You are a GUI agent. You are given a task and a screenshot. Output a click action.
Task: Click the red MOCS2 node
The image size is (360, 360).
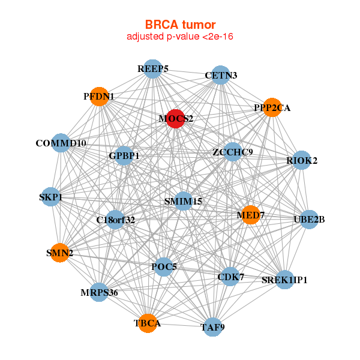click(176, 119)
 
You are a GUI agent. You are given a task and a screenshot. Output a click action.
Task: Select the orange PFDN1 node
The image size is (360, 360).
click(99, 96)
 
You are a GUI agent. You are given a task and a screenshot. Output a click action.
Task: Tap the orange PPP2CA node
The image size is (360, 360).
click(272, 108)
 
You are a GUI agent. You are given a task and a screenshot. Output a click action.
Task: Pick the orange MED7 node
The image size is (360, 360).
click(251, 214)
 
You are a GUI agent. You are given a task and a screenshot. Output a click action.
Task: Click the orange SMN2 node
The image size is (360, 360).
click(59, 253)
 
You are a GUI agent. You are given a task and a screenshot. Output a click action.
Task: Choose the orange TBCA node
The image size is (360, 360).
click(147, 323)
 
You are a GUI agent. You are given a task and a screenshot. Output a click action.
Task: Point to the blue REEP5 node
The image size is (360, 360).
click(153, 69)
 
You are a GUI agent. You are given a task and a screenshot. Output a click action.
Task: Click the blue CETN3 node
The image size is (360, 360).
click(221, 75)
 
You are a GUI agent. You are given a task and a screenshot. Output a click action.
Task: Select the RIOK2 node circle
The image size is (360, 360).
click(302, 160)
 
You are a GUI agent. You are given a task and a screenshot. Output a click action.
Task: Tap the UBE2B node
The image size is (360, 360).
click(309, 219)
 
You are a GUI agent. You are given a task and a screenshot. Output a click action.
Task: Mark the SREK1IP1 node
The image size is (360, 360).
click(284, 280)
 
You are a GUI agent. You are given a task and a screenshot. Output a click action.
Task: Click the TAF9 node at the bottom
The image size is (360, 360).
click(212, 327)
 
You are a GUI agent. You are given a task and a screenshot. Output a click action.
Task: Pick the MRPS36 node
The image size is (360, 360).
click(99, 292)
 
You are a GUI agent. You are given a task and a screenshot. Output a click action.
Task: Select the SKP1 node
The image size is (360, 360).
click(51, 197)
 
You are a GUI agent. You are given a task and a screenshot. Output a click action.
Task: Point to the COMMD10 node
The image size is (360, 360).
click(61, 143)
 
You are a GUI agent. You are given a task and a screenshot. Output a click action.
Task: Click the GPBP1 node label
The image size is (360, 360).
click(124, 156)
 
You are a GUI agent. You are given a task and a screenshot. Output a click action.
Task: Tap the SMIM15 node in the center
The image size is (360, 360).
click(183, 202)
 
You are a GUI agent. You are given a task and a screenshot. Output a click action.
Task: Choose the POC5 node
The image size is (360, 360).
click(164, 266)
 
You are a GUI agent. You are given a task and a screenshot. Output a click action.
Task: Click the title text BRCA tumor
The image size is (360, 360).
click(180, 25)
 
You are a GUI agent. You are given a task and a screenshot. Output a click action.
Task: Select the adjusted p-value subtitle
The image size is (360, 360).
click(180, 37)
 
